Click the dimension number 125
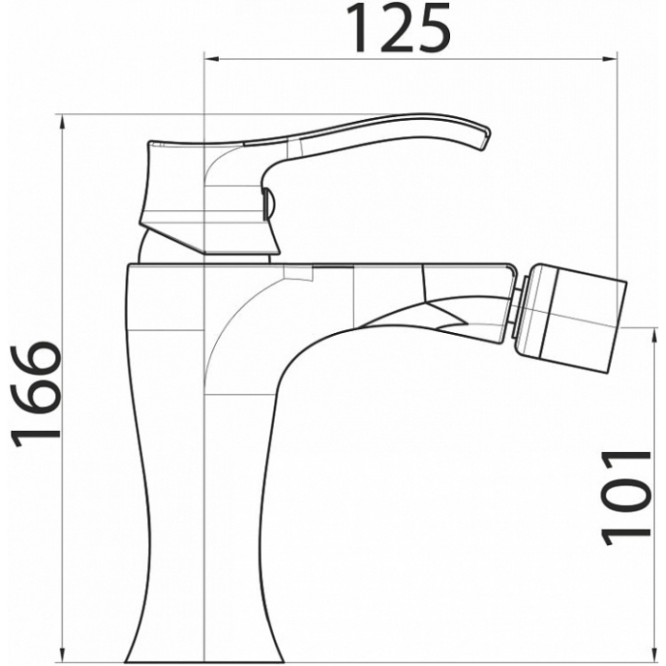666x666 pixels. coord(398,28)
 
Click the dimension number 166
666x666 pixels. coord(36,393)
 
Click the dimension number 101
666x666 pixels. coord(626,498)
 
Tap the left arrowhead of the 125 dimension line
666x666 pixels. coord(211,59)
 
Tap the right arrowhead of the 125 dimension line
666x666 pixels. coord(610,59)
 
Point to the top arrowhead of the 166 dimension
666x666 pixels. coord(63,122)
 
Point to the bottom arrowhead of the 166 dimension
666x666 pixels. coord(63,655)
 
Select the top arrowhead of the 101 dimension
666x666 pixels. coord(653,336)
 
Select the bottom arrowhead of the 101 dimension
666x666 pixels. coord(653,655)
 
